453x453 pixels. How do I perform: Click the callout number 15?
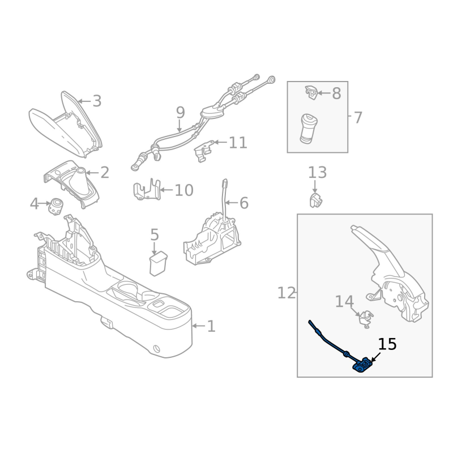(387, 344)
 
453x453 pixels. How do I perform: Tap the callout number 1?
(211, 326)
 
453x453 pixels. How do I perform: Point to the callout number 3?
(97, 101)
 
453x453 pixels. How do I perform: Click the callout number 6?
(243, 203)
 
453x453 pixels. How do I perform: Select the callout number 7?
(357, 118)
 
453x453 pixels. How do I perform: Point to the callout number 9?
(180, 112)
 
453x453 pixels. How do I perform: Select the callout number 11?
(238, 142)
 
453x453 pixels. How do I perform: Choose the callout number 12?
(287, 293)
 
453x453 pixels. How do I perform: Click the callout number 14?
(344, 302)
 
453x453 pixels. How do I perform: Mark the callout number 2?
(105, 173)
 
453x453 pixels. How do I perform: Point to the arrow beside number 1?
(198, 326)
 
